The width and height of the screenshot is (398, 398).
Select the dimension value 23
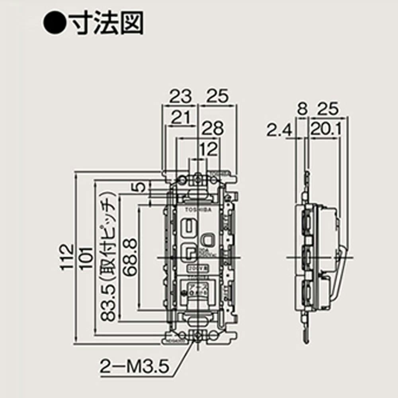tap(181, 97)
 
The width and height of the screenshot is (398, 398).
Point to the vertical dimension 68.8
tap(129, 257)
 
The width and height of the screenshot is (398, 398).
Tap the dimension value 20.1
tap(324, 130)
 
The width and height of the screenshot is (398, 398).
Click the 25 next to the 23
tap(218, 97)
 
